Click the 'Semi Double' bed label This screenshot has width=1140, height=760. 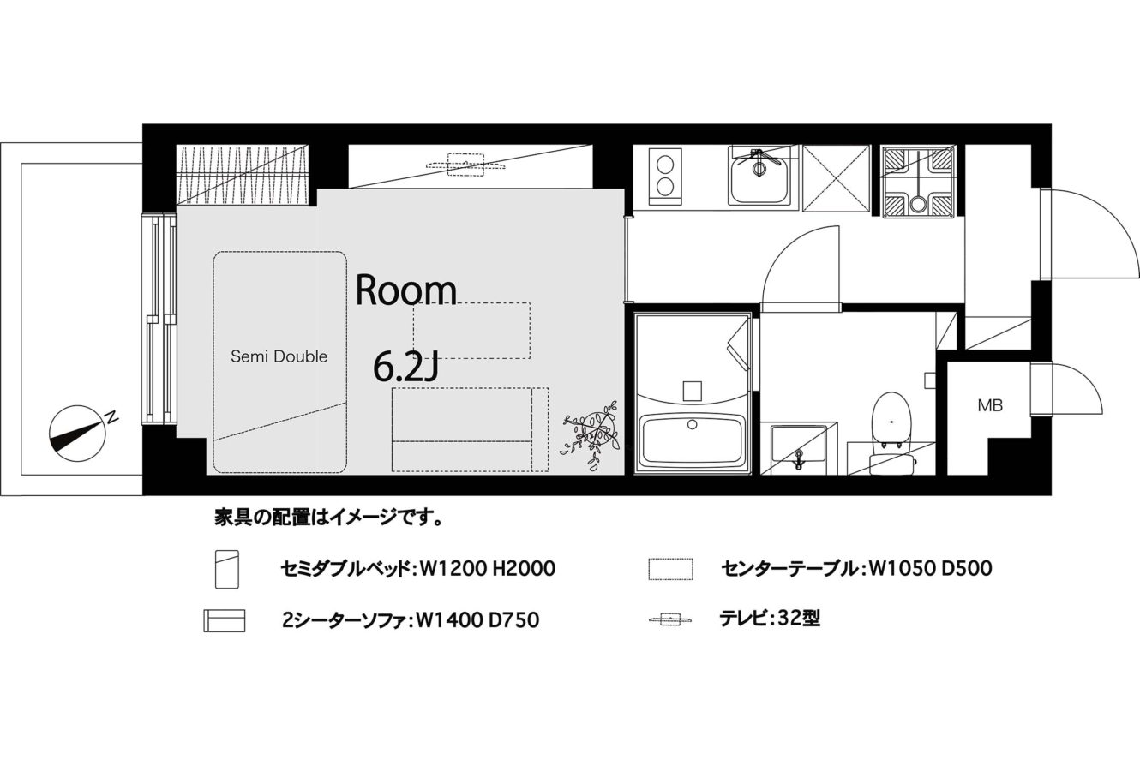pyautogui.click(x=279, y=356)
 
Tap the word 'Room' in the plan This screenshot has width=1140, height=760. pyautogui.click(x=406, y=290)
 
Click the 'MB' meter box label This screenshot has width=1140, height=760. pyautogui.click(x=990, y=405)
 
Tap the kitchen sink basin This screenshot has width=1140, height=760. pyautogui.click(x=759, y=179)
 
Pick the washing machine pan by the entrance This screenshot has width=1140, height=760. pyautogui.click(x=919, y=183)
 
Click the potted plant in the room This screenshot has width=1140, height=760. pyautogui.click(x=592, y=434)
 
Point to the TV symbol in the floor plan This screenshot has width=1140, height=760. pyautogui.click(x=465, y=164)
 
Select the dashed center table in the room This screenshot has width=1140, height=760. pyautogui.click(x=471, y=331)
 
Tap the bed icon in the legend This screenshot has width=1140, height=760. pyautogui.click(x=227, y=569)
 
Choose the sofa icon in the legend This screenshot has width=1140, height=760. pyautogui.click(x=225, y=620)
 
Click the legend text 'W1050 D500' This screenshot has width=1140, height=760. pyautogui.click(x=931, y=569)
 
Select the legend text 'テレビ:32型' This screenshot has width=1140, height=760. pyautogui.click(x=770, y=619)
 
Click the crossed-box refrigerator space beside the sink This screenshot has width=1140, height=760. pyautogui.click(x=837, y=178)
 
